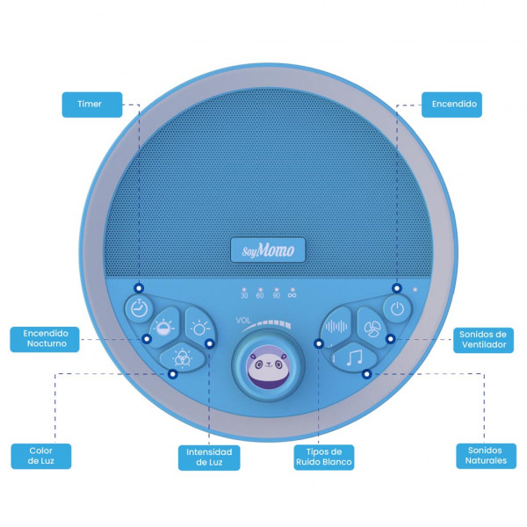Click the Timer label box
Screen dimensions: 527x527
tap(92, 105)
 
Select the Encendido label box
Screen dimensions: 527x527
tap(451, 105)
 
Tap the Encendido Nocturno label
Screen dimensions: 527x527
tap(45, 339)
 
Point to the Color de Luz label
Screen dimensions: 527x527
tap(41, 456)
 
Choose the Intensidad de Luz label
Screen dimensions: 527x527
tap(209, 458)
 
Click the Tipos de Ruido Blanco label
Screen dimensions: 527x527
tap(324, 457)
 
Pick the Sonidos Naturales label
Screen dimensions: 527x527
tap(486, 456)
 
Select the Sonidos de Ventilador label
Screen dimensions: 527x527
tap(483, 340)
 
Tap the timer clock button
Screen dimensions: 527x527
tap(139, 308)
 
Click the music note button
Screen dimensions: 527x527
tap(354, 357)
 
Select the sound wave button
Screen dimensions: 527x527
tap(336, 327)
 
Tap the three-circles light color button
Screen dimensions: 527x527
tap(182, 358)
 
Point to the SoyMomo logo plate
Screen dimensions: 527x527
tap(268, 250)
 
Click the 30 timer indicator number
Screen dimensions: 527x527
tap(244, 295)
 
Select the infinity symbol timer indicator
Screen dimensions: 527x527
tap(292, 295)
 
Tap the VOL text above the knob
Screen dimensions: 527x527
tap(243, 321)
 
